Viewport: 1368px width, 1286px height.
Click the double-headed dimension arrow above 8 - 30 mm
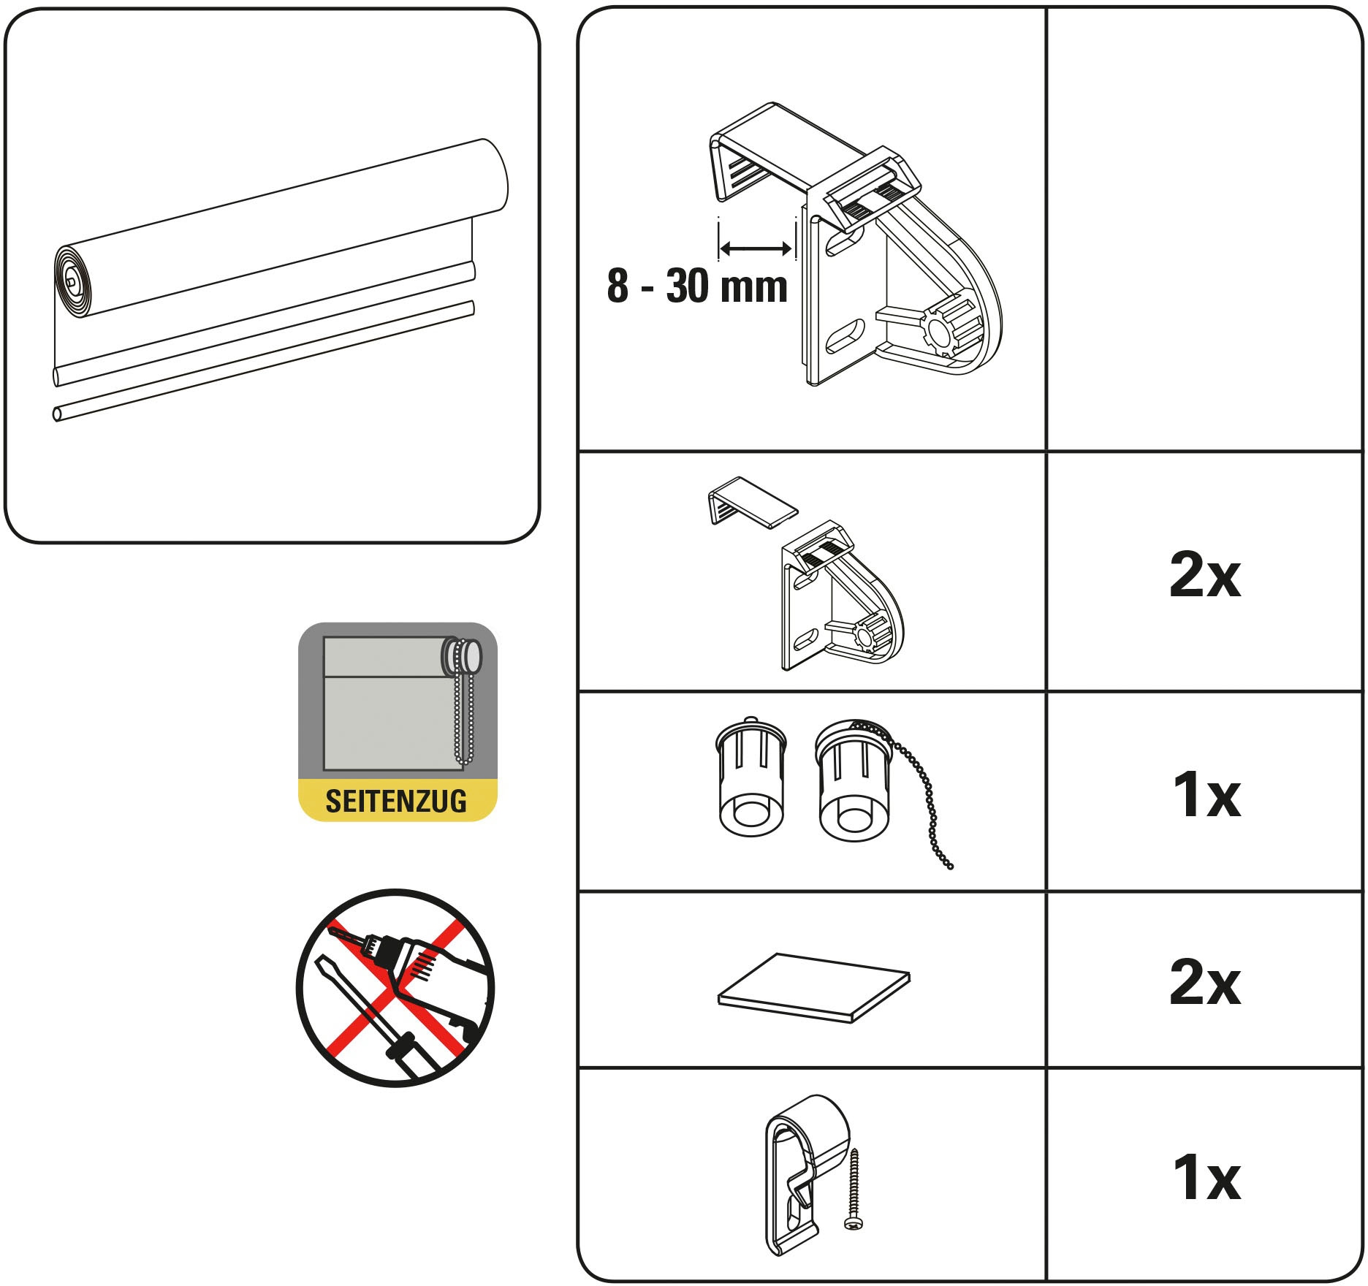click(x=756, y=248)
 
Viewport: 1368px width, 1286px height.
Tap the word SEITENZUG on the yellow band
click(x=396, y=801)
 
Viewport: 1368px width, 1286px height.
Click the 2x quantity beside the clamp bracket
click(x=1204, y=576)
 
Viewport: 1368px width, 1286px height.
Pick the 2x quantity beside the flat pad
click(x=1204, y=983)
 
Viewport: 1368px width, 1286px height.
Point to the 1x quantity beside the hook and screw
click(x=1206, y=1177)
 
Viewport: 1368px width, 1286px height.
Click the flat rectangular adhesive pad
click(x=814, y=987)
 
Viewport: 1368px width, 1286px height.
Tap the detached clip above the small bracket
click(x=751, y=502)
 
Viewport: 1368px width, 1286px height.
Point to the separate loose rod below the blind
click(x=264, y=362)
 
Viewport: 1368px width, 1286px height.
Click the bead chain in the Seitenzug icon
click(x=463, y=702)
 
